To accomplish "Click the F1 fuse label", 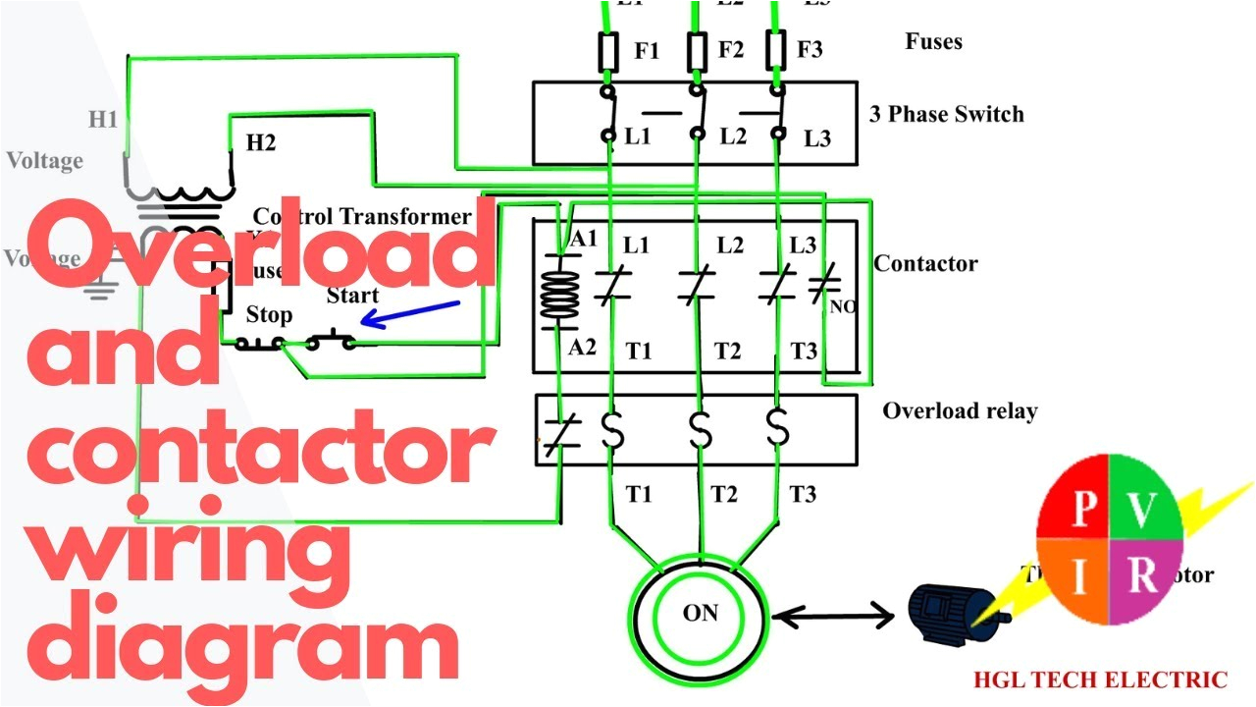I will pyautogui.click(x=646, y=50).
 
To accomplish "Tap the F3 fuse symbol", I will pyautogui.click(x=775, y=47).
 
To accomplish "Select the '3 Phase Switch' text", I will pyautogui.click(x=946, y=114).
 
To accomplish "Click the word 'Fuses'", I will pyautogui.click(x=933, y=42).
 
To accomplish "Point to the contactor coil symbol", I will pyautogui.click(x=556, y=292).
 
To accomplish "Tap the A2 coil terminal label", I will pyautogui.click(x=583, y=347).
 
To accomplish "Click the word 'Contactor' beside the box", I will pyautogui.click(x=925, y=263).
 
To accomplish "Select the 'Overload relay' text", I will pyautogui.click(x=959, y=410).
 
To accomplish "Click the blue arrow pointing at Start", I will pyautogui.click(x=410, y=313).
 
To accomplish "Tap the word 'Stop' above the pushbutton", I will pyautogui.click(x=269, y=315).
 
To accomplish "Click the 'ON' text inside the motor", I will pyautogui.click(x=701, y=614).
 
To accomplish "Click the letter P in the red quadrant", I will pyautogui.click(x=1083, y=510).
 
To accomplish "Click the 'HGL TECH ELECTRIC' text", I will pyautogui.click(x=1099, y=680).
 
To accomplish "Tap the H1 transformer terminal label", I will pyautogui.click(x=103, y=120).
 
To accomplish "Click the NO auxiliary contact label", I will pyautogui.click(x=842, y=307).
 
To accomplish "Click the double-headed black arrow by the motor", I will pyautogui.click(x=833, y=618).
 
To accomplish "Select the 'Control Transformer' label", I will pyautogui.click(x=362, y=216).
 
